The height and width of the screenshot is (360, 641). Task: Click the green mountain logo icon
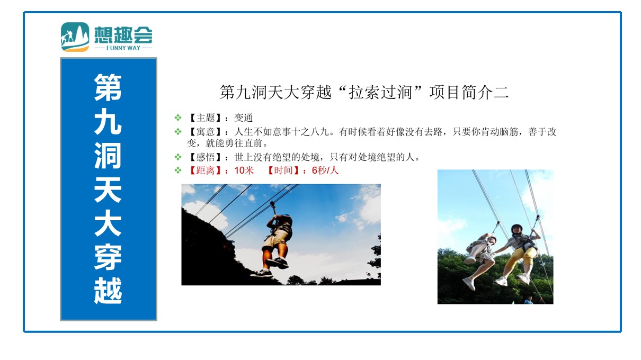(x=75, y=37)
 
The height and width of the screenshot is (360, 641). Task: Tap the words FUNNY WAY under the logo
(x=123, y=48)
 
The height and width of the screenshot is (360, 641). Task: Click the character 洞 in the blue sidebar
(x=108, y=155)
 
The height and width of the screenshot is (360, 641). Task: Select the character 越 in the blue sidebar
(x=108, y=290)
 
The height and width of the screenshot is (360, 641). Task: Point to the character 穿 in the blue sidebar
(x=108, y=257)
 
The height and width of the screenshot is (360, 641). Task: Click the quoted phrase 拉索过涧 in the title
(x=380, y=92)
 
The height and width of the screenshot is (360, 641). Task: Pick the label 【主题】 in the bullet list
(x=205, y=118)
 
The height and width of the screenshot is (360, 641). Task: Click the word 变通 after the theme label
(x=244, y=118)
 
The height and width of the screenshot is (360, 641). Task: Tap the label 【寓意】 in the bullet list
(x=205, y=131)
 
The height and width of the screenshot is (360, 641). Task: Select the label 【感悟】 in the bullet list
(x=205, y=157)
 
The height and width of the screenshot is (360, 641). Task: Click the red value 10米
(x=244, y=170)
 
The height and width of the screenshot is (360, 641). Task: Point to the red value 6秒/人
(x=325, y=170)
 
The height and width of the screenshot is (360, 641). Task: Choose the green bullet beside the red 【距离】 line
(x=178, y=170)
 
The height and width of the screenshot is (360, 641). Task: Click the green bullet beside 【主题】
(x=178, y=118)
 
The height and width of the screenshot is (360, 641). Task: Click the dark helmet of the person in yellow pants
(x=517, y=228)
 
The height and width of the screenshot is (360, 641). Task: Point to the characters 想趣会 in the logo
(x=123, y=35)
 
